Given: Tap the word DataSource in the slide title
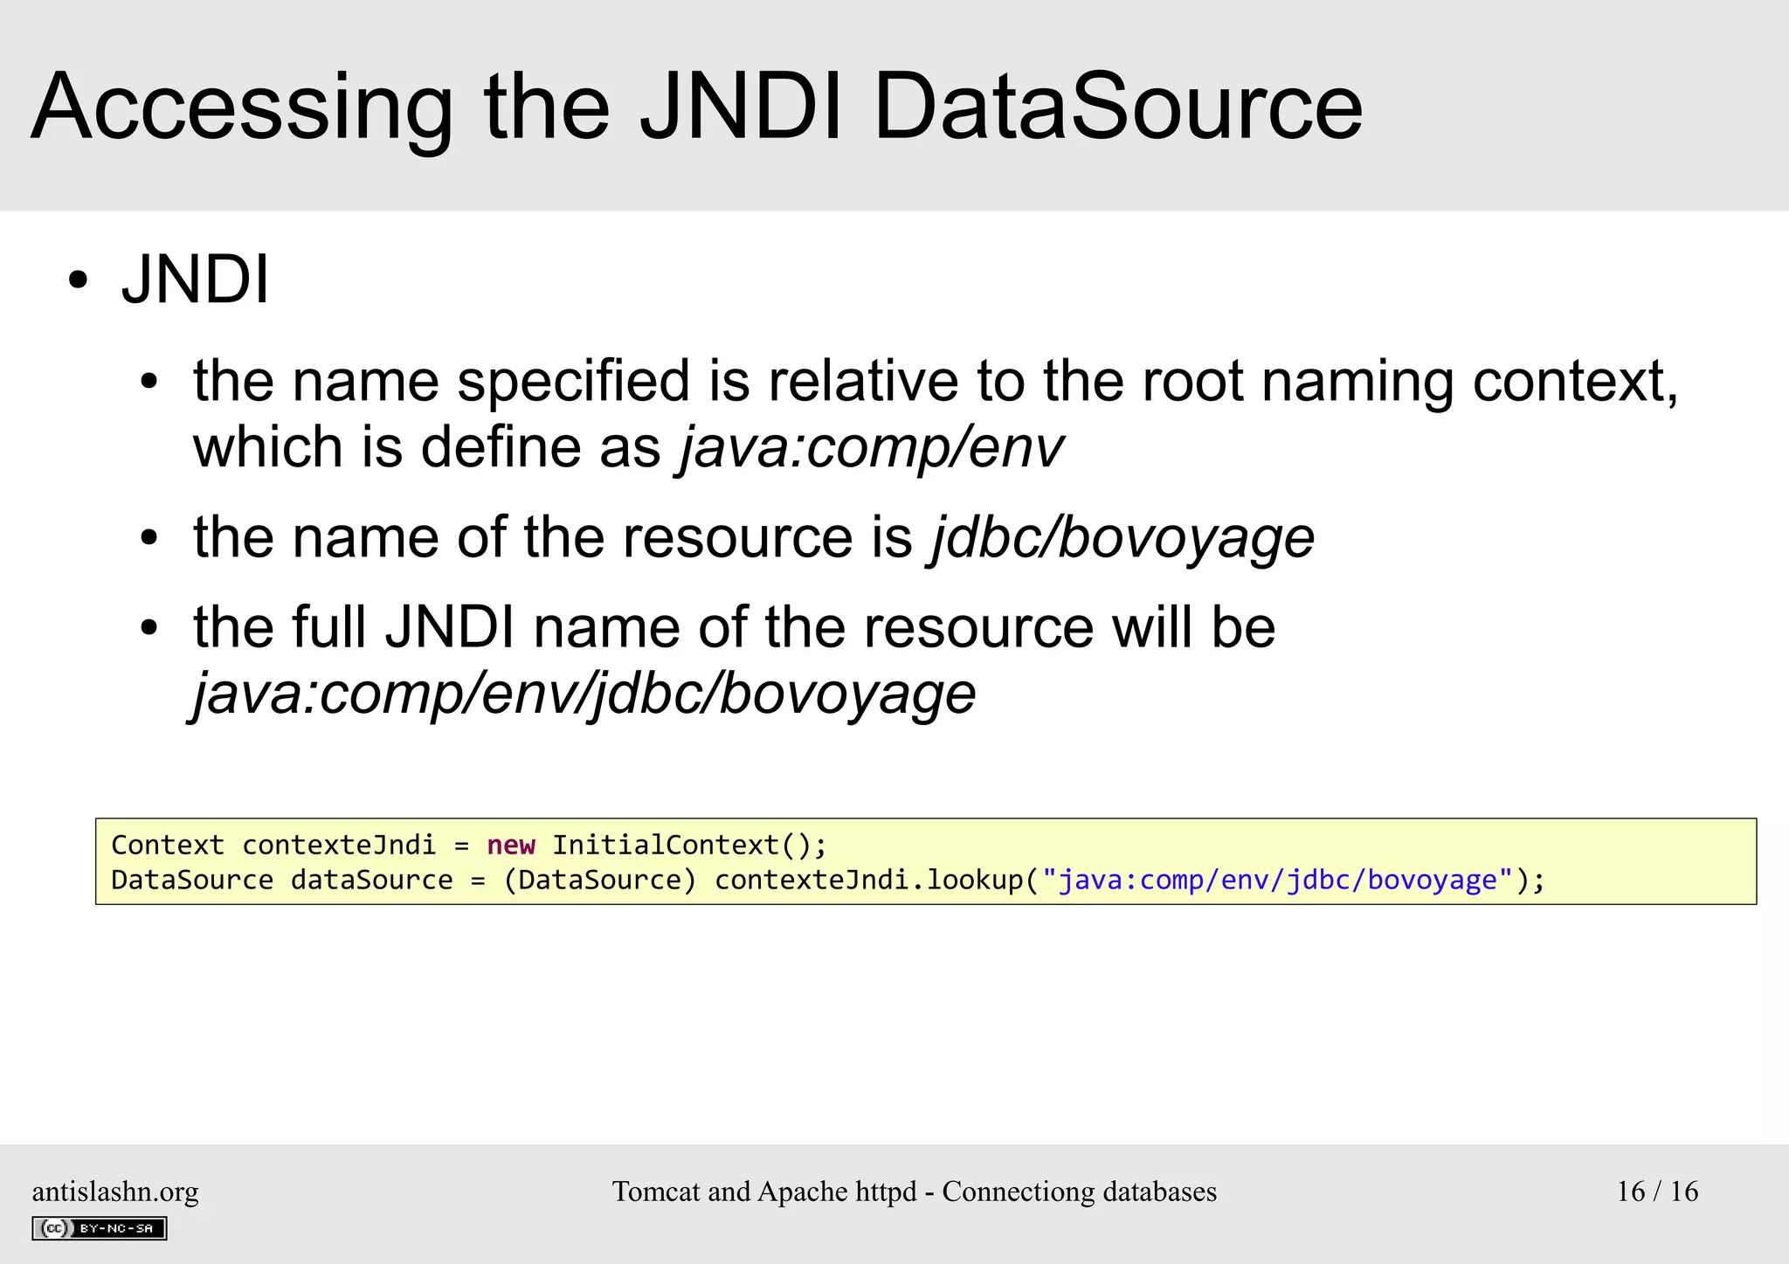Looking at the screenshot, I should click(1117, 107).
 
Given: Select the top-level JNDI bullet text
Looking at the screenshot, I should click(196, 280).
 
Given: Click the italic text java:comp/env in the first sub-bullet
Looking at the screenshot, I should click(871, 447).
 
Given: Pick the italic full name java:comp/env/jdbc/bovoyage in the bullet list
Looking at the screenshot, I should click(584, 694).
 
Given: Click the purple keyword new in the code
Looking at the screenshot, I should click(511, 845).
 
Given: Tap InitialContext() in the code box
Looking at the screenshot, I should click(688, 845).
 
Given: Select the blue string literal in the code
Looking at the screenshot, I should click(1277, 880).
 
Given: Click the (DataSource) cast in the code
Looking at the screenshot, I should click(600, 880).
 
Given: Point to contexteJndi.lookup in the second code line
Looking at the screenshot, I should click(868, 880).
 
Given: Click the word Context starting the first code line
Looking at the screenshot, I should click(168, 845).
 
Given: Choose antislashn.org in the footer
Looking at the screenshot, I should click(115, 1191).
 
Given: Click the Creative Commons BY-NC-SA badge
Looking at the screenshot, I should click(100, 1228).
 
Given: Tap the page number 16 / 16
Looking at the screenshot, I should click(1657, 1191).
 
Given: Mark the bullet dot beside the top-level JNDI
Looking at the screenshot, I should click(79, 281).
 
